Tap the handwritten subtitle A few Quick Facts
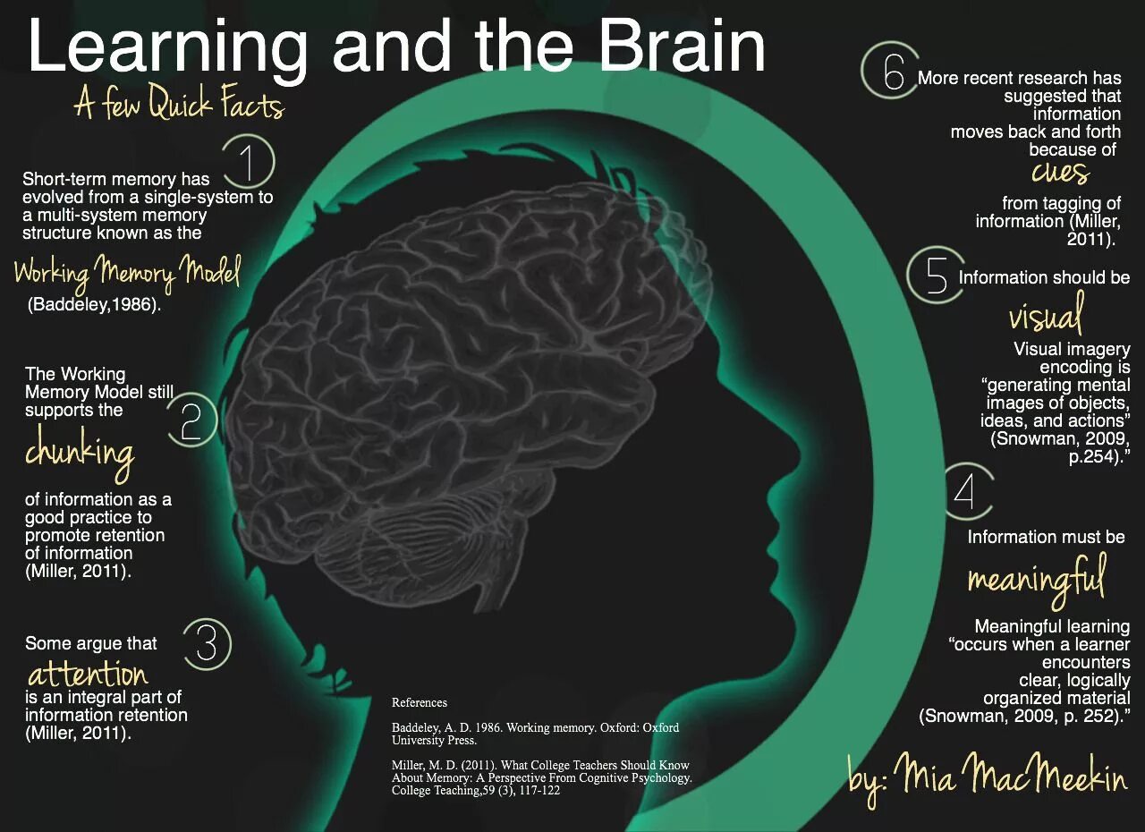pos(179,106)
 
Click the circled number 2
pos(191,422)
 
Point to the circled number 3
pos(206,643)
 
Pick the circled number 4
pos(964,492)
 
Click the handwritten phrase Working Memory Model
pos(127,271)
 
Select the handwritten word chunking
pos(80,452)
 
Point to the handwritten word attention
pos(87,673)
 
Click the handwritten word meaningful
pos(1037,578)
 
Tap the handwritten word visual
pos(1046,315)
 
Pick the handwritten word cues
pos(1060,171)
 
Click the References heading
pos(420,702)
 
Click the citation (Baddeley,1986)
pos(95,304)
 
